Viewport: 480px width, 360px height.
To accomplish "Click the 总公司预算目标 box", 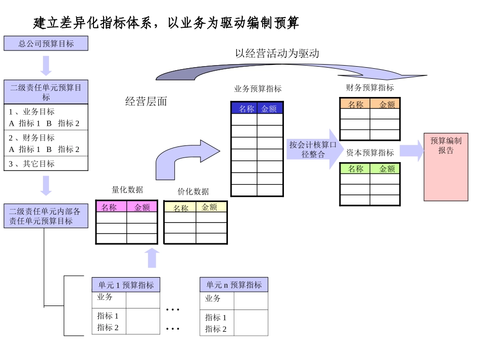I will click(x=46, y=43).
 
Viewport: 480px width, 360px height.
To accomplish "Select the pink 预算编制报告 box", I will click(x=446, y=167).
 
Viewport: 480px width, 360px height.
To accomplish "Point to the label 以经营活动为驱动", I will click(x=277, y=54).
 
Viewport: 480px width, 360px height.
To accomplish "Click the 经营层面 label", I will click(x=146, y=101).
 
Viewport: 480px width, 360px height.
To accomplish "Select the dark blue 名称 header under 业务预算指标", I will click(x=245, y=109).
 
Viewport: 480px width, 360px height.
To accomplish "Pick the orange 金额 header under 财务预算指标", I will click(x=387, y=105).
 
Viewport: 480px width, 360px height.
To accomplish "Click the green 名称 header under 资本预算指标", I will click(x=355, y=169).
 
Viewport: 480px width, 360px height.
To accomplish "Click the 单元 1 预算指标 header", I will click(x=126, y=285).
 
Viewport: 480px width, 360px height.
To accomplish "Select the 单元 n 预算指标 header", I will click(x=234, y=285).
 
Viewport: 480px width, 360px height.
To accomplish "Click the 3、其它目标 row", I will click(x=46, y=164).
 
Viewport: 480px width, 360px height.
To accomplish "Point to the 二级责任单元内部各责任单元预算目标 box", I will click(x=46, y=216).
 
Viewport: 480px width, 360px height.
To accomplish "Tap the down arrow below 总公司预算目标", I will click(x=46, y=66).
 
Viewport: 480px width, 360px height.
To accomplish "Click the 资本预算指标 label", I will click(x=370, y=152).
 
